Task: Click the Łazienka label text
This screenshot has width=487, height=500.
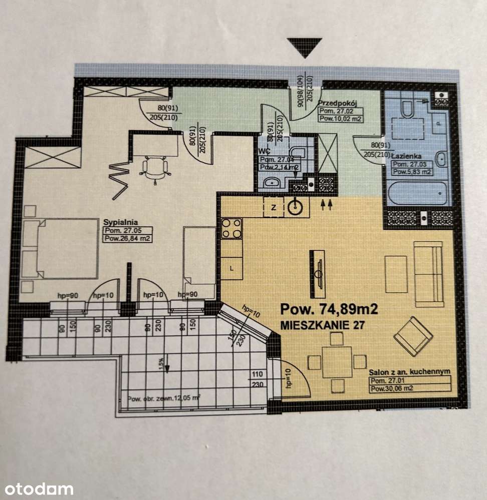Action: click(x=406, y=156)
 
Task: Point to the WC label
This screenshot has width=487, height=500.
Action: click(x=265, y=151)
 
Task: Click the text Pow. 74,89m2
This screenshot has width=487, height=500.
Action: click(x=329, y=309)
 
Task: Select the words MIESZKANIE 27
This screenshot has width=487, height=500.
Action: click(x=322, y=326)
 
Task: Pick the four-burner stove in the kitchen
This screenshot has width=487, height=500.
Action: click(x=231, y=229)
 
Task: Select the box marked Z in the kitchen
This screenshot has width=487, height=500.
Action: click(x=274, y=207)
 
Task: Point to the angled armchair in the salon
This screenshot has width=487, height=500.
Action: click(x=413, y=336)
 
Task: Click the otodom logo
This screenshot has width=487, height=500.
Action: click(x=37, y=488)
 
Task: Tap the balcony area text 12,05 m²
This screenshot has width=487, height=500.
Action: click(x=164, y=398)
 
